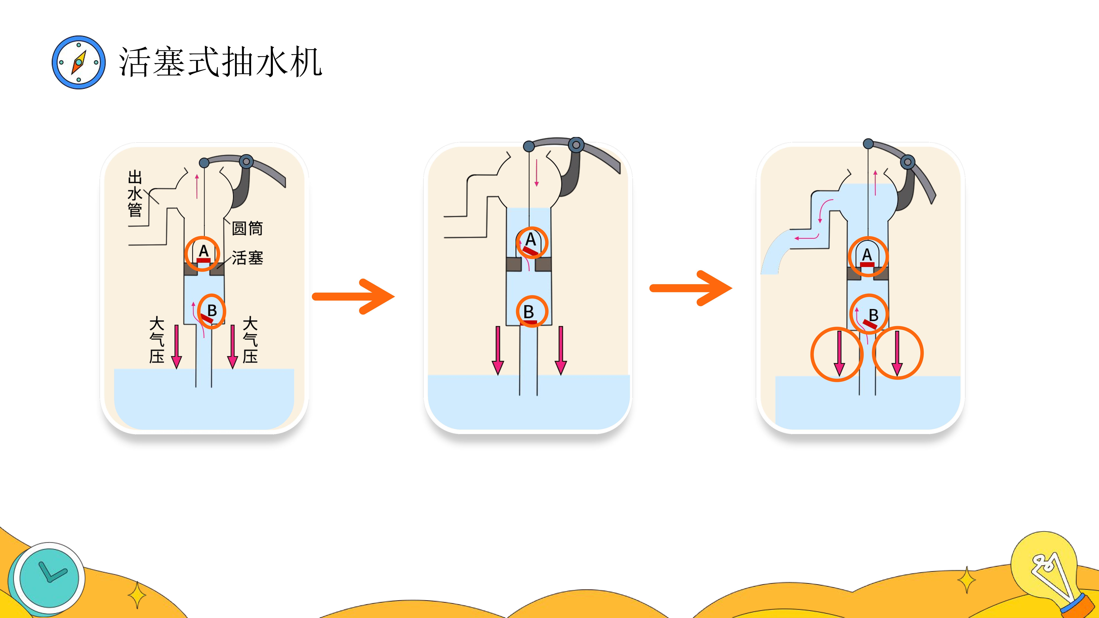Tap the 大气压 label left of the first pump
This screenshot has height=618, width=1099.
157,340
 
